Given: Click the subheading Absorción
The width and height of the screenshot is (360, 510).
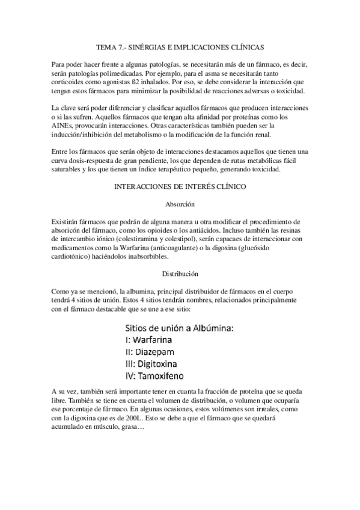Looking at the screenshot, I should click(180, 204).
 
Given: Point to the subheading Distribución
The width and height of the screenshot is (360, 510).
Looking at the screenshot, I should click(180, 274).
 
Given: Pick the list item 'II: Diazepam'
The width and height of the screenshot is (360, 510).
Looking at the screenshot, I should click(154, 352).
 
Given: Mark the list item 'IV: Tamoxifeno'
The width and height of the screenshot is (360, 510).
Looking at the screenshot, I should click(159, 376).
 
